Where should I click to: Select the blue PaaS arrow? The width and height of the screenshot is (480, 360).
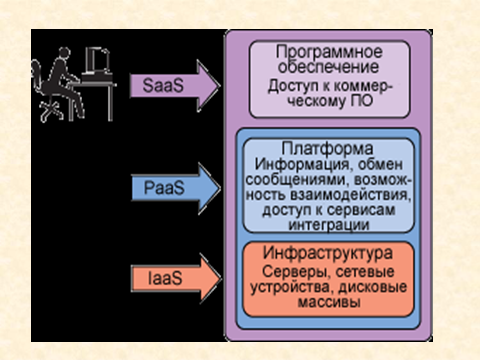[176, 188]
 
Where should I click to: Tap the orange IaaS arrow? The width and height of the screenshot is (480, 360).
[177, 278]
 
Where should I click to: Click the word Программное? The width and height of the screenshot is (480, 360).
[329, 53]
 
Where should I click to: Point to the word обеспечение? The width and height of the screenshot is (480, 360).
[329, 67]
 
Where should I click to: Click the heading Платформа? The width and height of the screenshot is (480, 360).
[327, 149]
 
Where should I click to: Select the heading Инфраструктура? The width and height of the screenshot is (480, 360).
[328, 253]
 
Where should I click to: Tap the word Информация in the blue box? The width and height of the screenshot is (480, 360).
[302, 165]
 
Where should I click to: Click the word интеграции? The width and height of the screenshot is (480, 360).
[329, 225]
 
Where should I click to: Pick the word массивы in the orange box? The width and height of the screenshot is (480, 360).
[329, 302]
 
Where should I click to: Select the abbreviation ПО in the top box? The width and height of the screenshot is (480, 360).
[362, 100]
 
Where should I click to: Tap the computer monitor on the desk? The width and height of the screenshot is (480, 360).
[97, 61]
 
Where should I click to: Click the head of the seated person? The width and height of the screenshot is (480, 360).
[64, 53]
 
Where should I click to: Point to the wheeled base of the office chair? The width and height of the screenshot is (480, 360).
[52, 111]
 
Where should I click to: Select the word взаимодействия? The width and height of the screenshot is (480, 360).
[350, 195]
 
